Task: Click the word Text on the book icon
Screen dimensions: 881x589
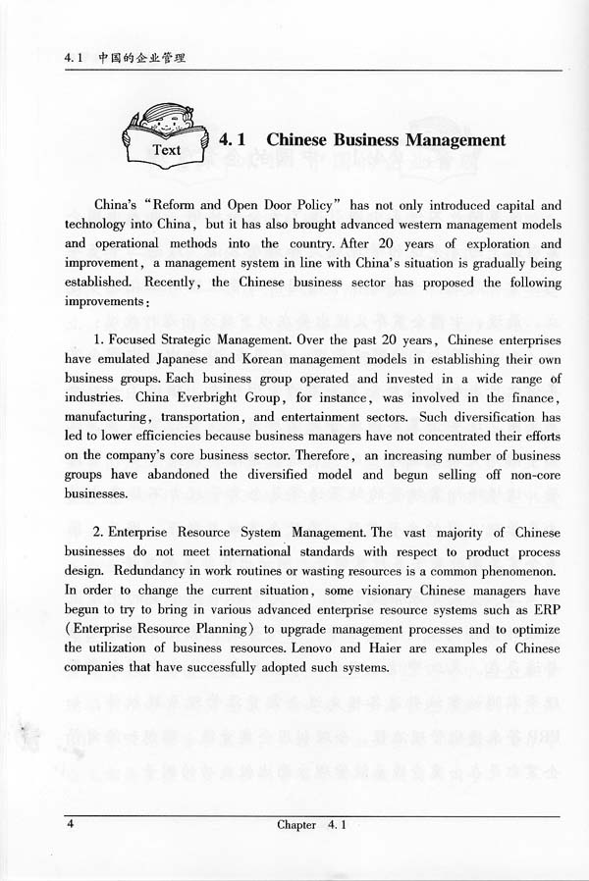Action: coord(167,150)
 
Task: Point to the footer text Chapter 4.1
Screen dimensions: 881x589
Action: coord(313,824)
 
